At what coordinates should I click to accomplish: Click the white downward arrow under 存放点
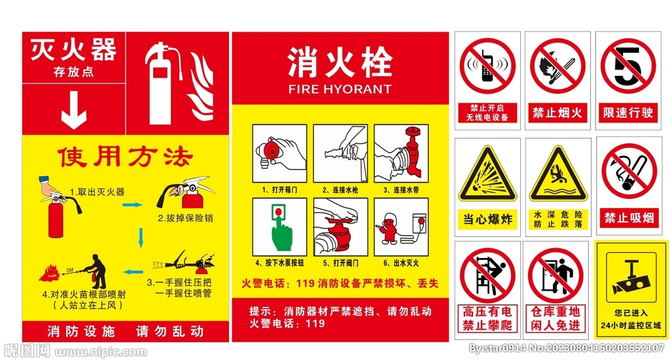[x=73, y=112]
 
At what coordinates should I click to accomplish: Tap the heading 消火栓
[x=340, y=63]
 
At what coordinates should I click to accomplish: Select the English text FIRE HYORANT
[x=340, y=89]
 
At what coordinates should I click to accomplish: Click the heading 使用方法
[x=126, y=158]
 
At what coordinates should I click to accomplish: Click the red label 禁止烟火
[x=557, y=113]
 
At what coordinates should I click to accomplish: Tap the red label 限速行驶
[x=628, y=113]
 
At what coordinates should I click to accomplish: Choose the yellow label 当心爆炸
[x=487, y=219]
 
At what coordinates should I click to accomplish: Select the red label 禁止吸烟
[x=628, y=217]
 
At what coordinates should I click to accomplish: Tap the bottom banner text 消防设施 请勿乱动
[x=126, y=331]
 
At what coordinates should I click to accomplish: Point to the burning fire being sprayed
[x=51, y=272]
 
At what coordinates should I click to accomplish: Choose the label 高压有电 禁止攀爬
[x=487, y=319]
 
